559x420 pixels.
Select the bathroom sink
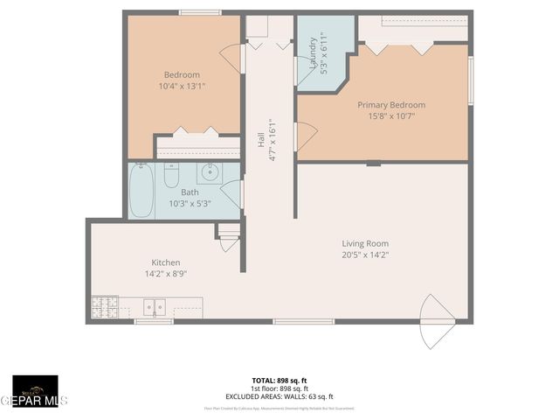(210, 171)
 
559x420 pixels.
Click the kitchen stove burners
(105, 307)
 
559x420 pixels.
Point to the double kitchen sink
(155, 307)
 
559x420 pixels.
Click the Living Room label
(365, 243)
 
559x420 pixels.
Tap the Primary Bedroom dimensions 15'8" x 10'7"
(390, 116)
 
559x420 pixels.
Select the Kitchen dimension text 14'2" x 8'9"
(166, 274)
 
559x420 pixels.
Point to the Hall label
(260, 139)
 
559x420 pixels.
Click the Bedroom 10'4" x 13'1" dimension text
(183, 87)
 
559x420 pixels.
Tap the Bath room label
(190, 192)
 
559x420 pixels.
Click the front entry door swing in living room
(434, 319)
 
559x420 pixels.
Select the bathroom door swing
(232, 192)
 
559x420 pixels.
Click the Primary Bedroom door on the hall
(305, 136)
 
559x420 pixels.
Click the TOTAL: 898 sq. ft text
(279, 381)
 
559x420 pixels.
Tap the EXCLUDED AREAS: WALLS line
(279, 396)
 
